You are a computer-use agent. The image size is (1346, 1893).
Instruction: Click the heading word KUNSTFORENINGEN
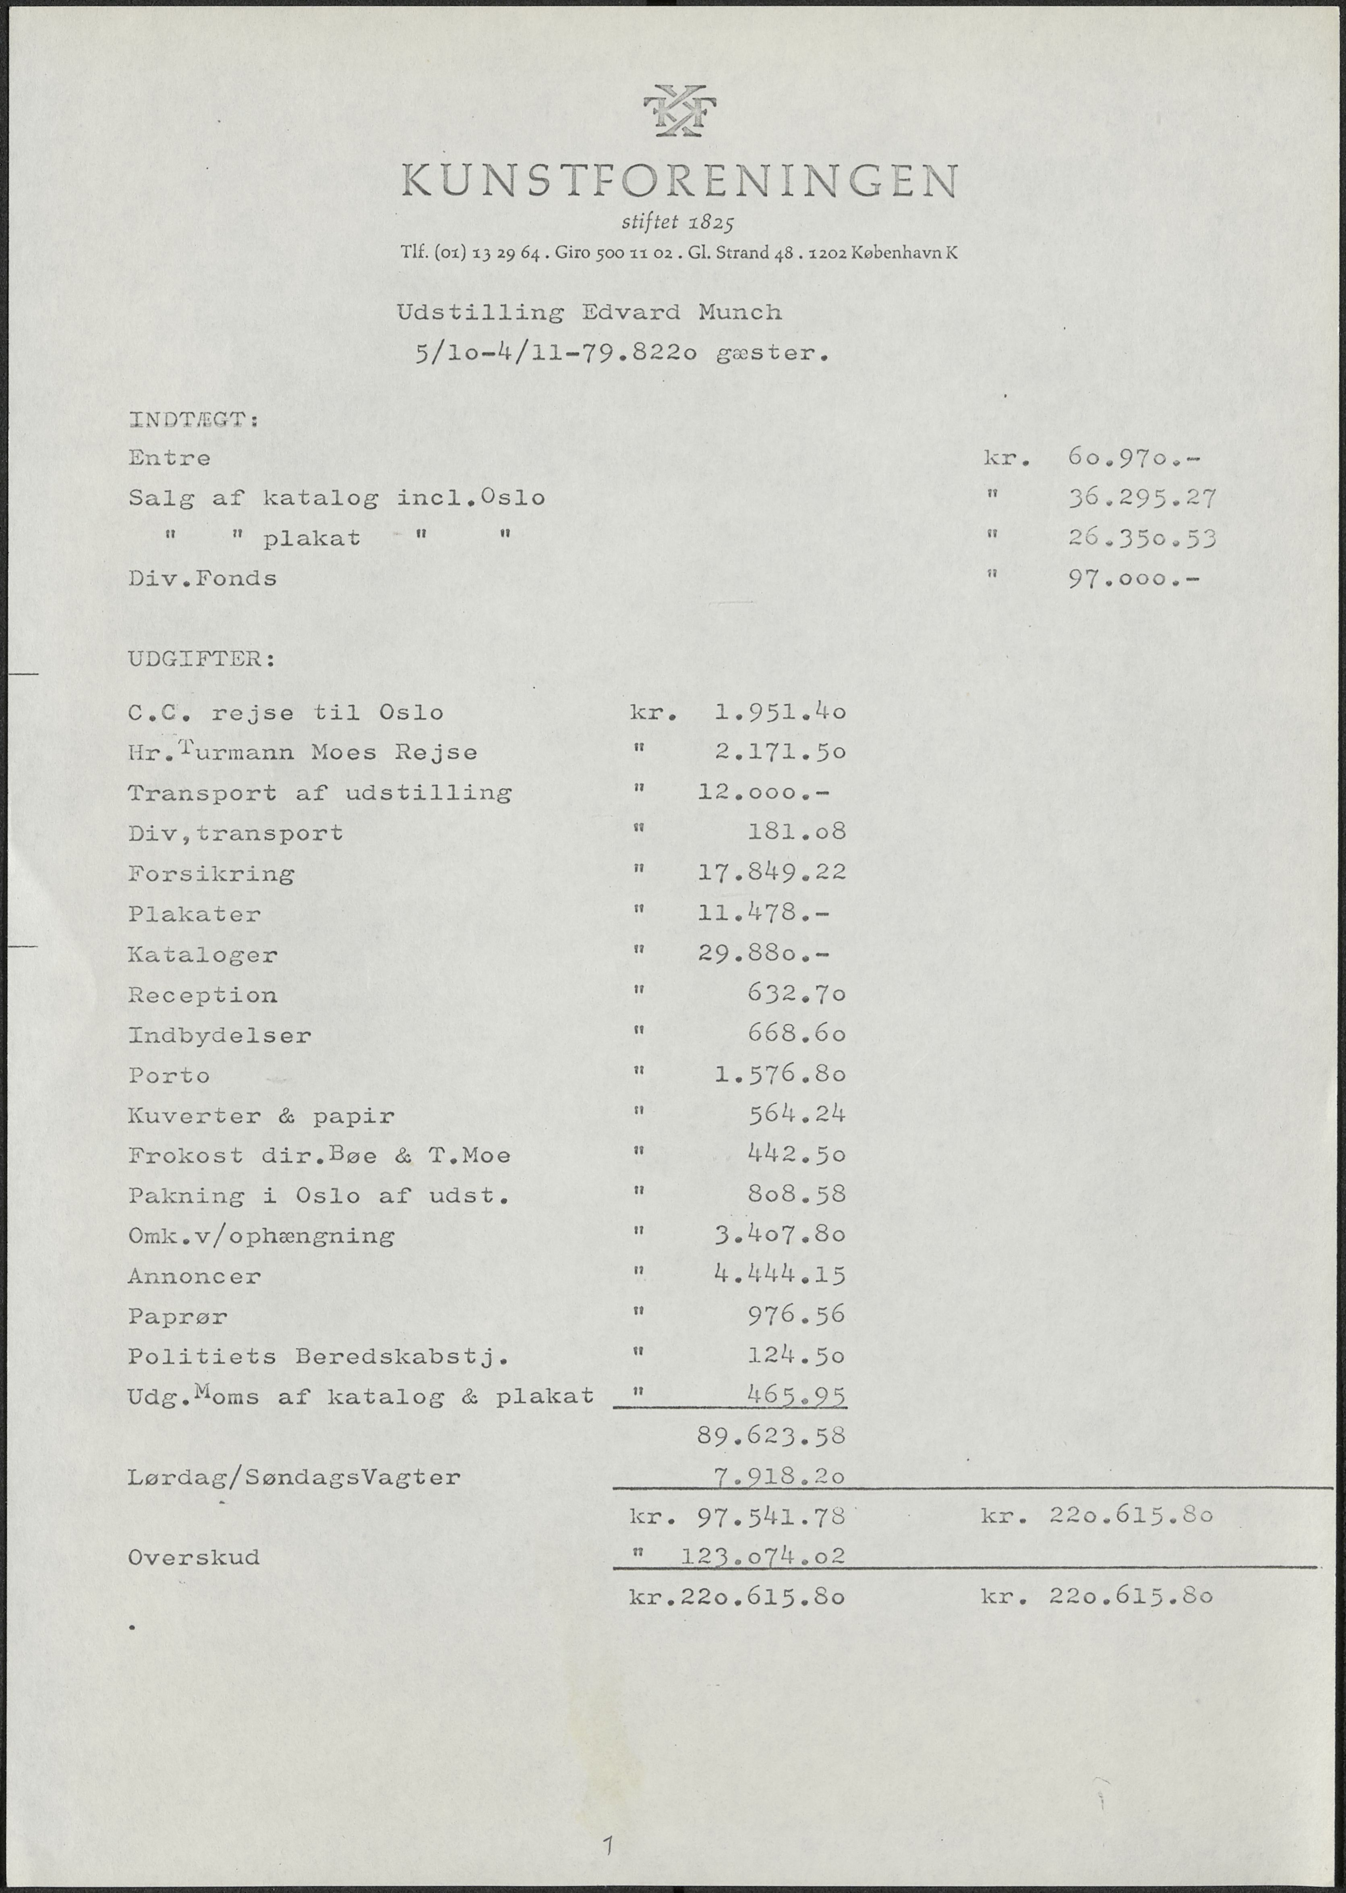click(679, 181)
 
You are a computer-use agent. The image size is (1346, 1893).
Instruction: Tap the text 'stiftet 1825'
click(677, 222)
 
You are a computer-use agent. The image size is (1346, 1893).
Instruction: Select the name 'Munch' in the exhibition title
click(739, 313)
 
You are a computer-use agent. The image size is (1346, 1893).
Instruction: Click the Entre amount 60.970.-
click(1134, 458)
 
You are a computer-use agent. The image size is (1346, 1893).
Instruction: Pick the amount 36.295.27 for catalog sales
click(1141, 498)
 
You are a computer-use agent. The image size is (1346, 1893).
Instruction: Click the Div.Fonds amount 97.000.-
click(1134, 578)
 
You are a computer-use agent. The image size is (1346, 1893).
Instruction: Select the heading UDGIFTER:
click(201, 660)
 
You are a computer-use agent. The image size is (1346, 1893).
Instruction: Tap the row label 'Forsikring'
click(211, 874)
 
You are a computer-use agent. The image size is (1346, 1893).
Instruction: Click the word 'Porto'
click(169, 1076)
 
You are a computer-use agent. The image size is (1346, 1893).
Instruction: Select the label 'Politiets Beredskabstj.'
click(317, 1357)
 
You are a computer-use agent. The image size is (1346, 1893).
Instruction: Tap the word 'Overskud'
click(193, 1557)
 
